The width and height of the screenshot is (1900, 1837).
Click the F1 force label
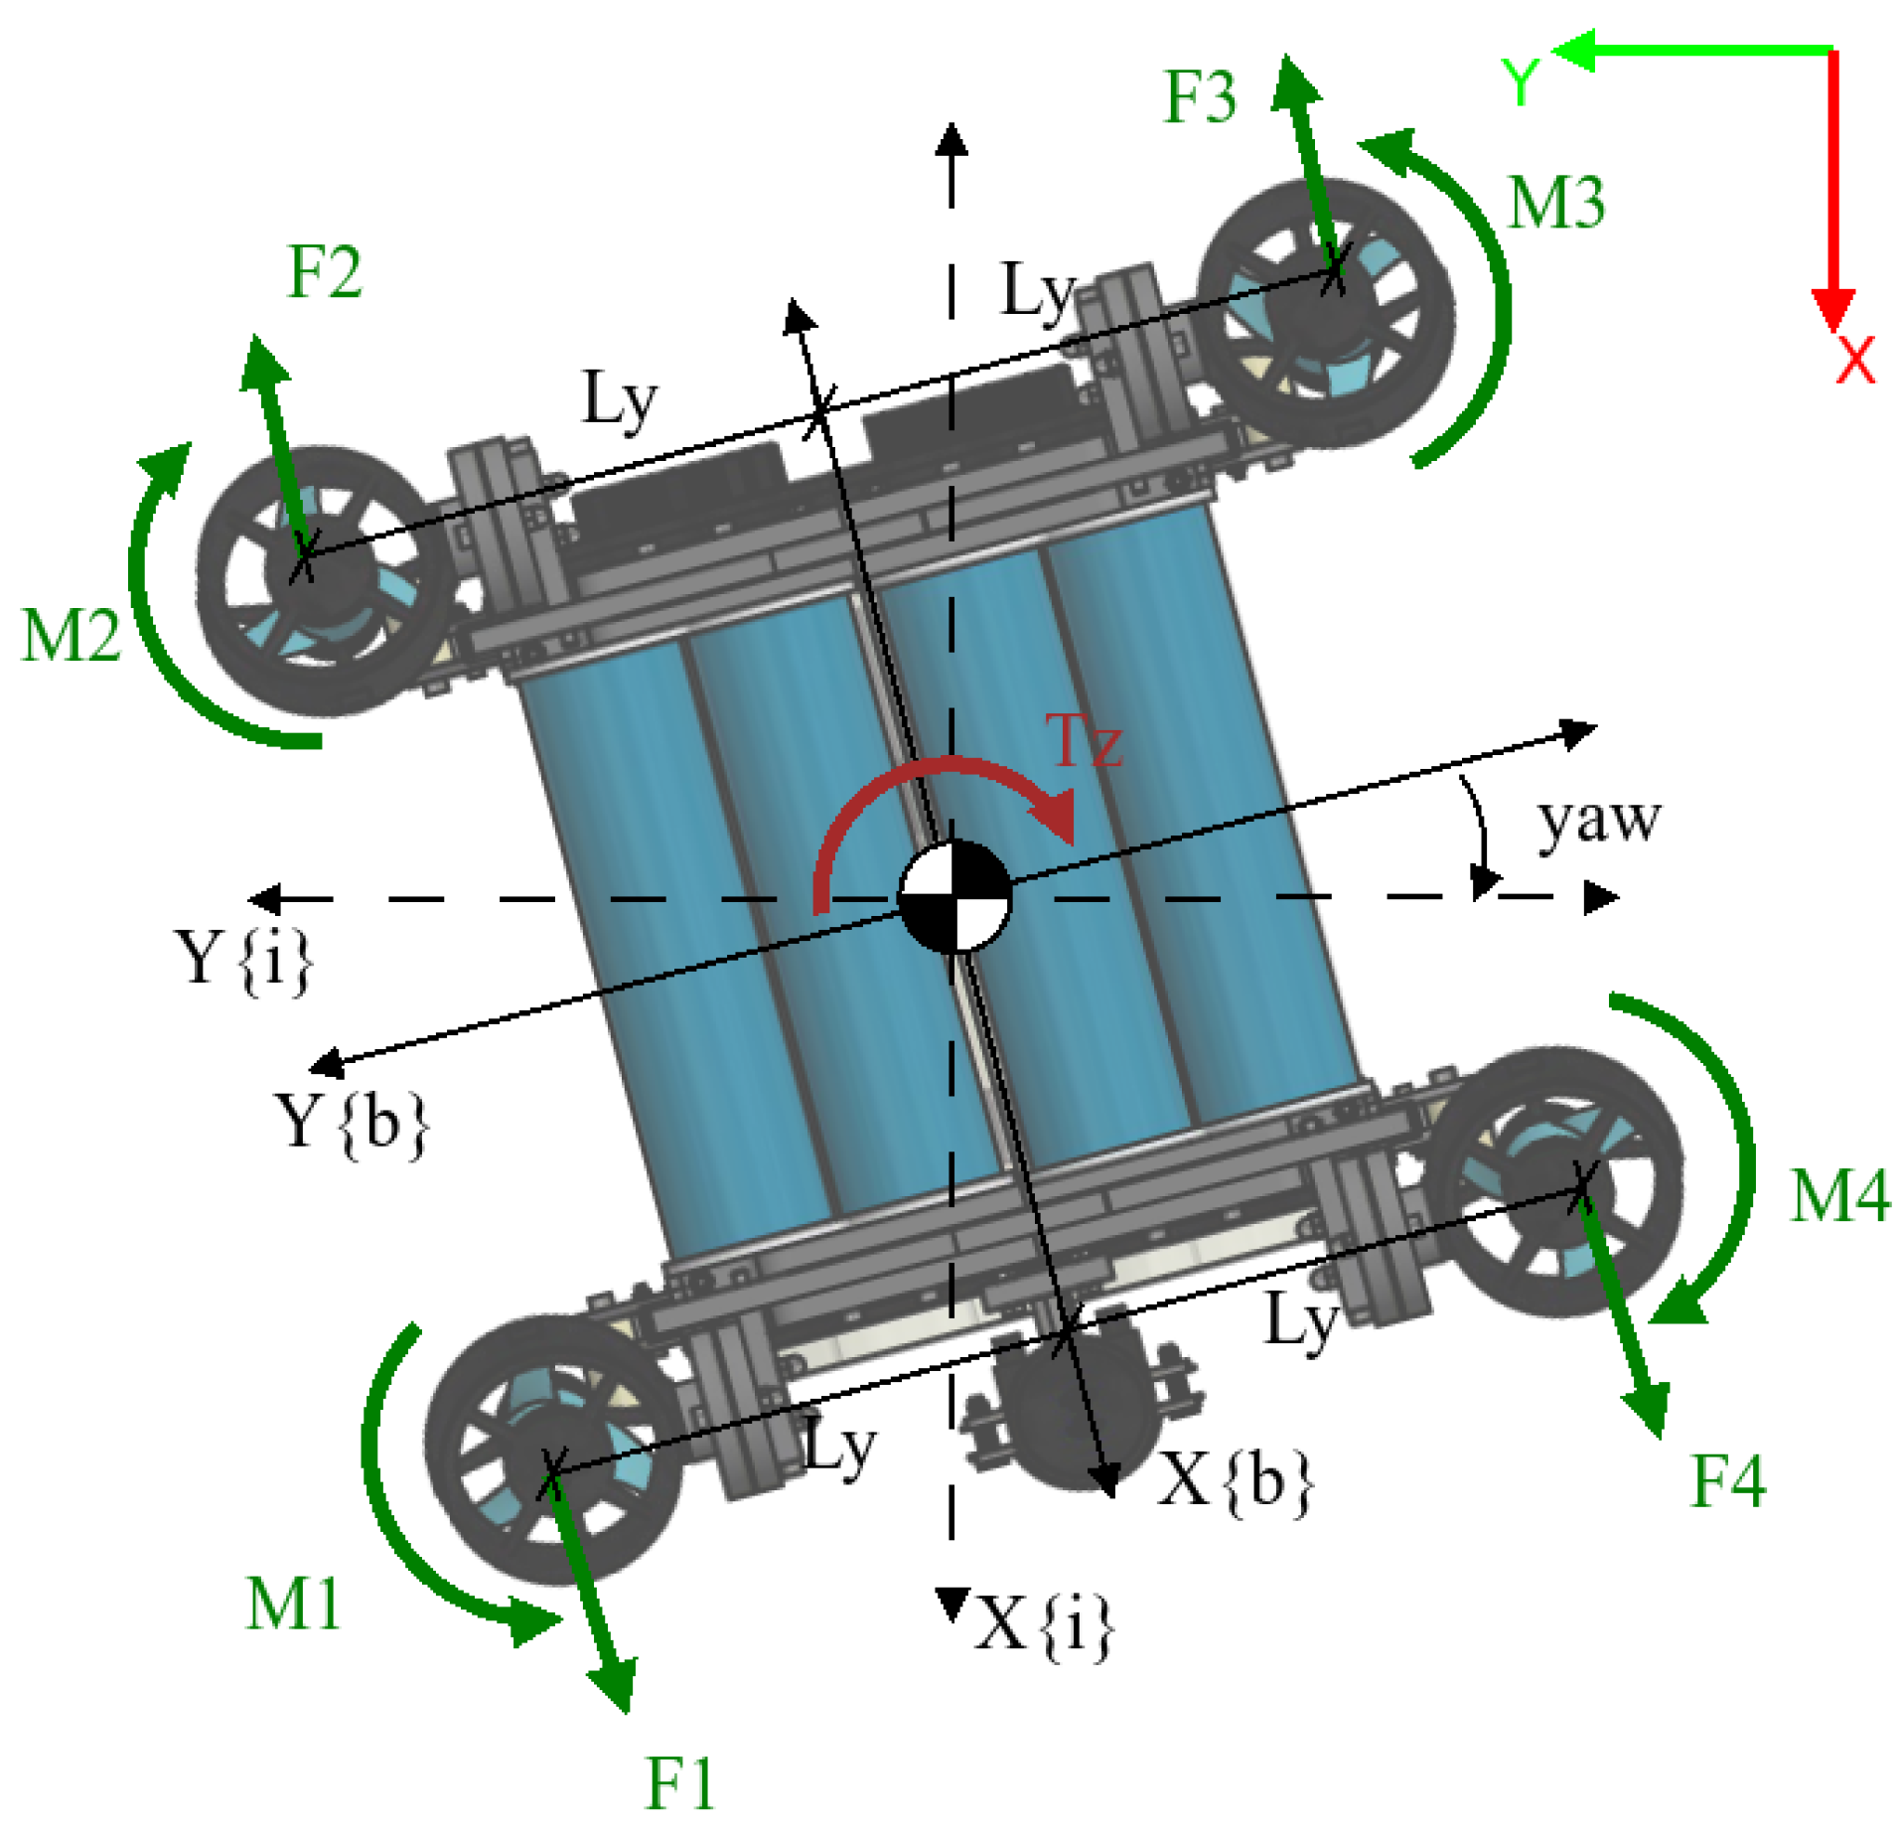pyautogui.click(x=679, y=1782)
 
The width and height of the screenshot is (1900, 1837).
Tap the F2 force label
pyautogui.click(x=324, y=271)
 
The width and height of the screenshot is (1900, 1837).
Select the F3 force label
pyautogui.click(x=1199, y=97)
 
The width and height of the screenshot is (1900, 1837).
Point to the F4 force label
pyautogui.click(x=1728, y=1481)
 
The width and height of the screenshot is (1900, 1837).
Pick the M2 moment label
pyautogui.click(x=72, y=635)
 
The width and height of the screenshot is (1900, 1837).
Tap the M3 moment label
pyautogui.click(x=1555, y=203)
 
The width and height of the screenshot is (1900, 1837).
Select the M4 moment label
pyautogui.click(x=1838, y=1195)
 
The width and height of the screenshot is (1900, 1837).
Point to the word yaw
pyautogui.click(x=1598, y=821)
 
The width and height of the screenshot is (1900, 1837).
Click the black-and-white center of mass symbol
pyautogui.click(x=953, y=896)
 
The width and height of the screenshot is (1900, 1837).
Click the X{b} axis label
pyautogui.click(x=1235, y=1480)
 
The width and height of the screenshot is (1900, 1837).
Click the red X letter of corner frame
pyautogui.click(x=1854, y=359)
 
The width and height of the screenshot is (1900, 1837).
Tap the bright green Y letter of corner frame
pyautogui.click(x=1520, y=81)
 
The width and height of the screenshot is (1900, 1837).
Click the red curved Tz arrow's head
pyautogui.click(x=1055, y=821)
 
